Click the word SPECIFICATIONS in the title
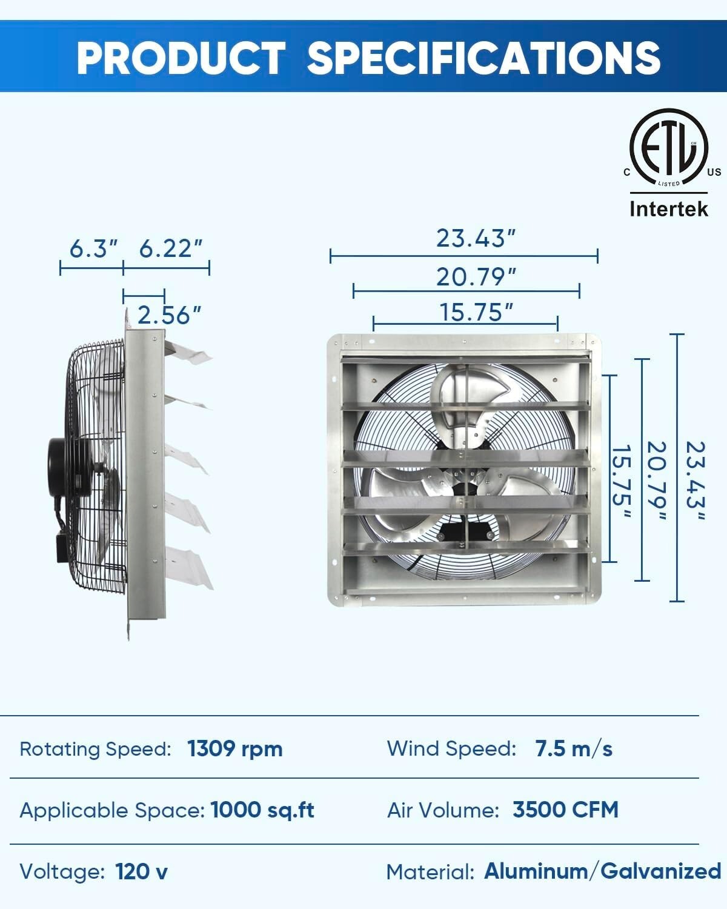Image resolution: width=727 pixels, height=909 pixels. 483,58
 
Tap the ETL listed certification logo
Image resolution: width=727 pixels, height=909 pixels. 669,148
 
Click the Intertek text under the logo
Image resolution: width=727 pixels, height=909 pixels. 669,209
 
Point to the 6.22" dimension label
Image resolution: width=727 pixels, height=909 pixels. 170,248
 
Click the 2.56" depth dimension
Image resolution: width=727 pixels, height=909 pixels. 169,315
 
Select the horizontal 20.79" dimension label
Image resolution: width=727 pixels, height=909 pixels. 476,277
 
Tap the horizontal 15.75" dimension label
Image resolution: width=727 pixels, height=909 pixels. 476,313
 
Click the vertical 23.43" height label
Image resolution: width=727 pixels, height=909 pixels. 695,480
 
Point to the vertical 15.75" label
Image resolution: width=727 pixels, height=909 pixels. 621,482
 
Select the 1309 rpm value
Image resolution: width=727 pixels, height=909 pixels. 235,749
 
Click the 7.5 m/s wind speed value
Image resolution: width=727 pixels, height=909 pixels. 574,749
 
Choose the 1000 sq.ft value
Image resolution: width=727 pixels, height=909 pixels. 262,810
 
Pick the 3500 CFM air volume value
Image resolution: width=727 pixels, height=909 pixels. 565,810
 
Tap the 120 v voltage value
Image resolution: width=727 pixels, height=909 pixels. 142,871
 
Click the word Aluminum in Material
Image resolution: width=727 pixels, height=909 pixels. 536,871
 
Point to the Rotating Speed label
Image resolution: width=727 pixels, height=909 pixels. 96,750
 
